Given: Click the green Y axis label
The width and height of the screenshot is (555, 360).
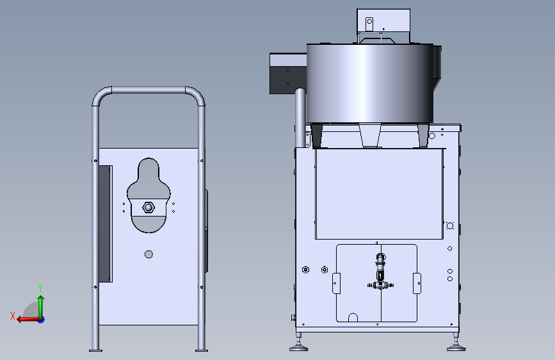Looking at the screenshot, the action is point(40,288).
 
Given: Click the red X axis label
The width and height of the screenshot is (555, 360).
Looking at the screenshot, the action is point(13,316).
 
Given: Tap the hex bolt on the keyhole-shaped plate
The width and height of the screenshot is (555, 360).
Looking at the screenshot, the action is point(149,208).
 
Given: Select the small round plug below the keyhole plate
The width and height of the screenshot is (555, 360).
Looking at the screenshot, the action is point(149,254).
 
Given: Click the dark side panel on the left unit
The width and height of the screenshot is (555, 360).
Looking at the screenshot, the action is point(105,224).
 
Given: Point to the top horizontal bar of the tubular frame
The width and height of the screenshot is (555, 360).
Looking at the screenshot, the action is point(149,90).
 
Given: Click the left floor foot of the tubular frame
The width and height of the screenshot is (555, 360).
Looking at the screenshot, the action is point(95,350).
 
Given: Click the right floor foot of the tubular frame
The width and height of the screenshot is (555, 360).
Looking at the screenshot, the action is point(202,350).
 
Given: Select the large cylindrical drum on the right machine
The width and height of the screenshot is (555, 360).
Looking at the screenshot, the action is point(369,84).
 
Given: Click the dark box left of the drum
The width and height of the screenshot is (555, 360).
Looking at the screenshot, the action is point(287,74).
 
